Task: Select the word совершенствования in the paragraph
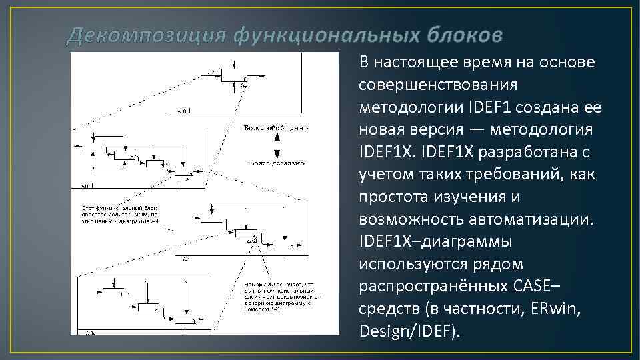pyautogui.click(x=438, y=85)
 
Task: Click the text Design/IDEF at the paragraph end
pyautogui.click(x=408, y=331)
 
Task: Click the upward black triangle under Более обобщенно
pyautogui.click(x=276, y=138)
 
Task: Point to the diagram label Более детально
pyautogui.click(x=276, y=163)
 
